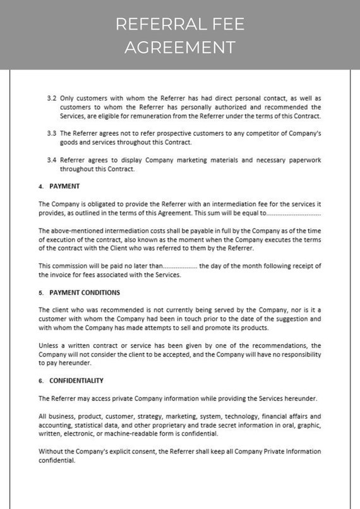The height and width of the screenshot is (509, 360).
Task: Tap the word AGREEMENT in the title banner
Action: coord(180,47)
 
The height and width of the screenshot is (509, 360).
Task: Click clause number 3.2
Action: coord(52,99)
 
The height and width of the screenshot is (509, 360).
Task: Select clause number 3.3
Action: coord(52,134)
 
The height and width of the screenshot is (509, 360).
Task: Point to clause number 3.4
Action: coord(52,160)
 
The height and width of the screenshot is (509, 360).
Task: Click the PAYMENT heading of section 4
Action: coord(64,187)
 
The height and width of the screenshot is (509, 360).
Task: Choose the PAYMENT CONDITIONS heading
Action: coord(85,293)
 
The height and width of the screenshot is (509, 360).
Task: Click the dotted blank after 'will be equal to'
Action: coord(294,214)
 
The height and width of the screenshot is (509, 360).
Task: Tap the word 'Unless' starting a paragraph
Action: coord(49,345)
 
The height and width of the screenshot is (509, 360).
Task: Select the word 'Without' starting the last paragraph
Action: coord(51,452)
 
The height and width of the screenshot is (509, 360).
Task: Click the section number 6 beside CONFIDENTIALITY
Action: coord(41,381)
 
